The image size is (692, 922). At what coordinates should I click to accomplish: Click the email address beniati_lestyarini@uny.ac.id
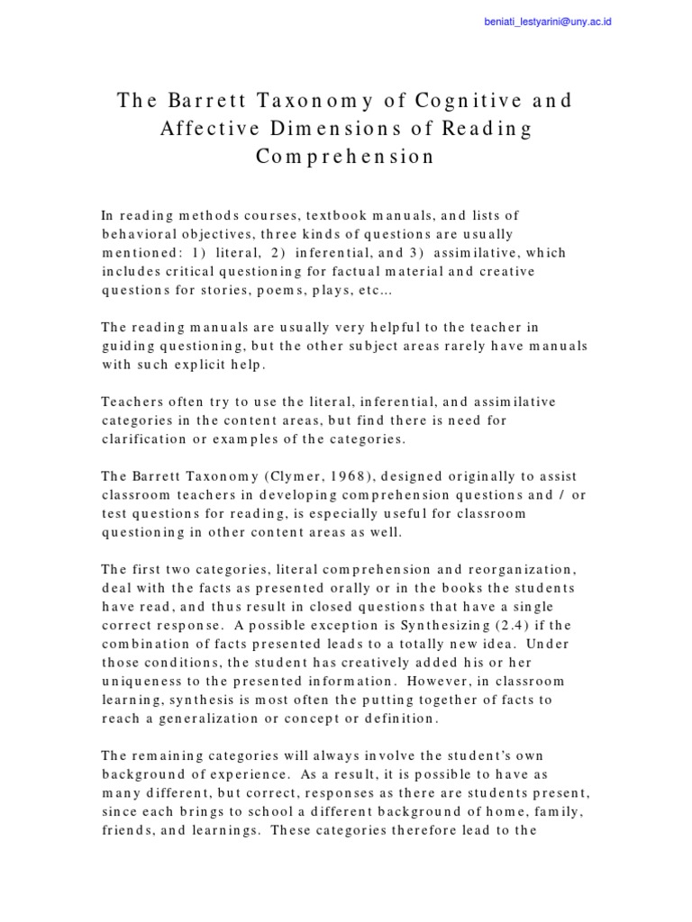tap(547, 21)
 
